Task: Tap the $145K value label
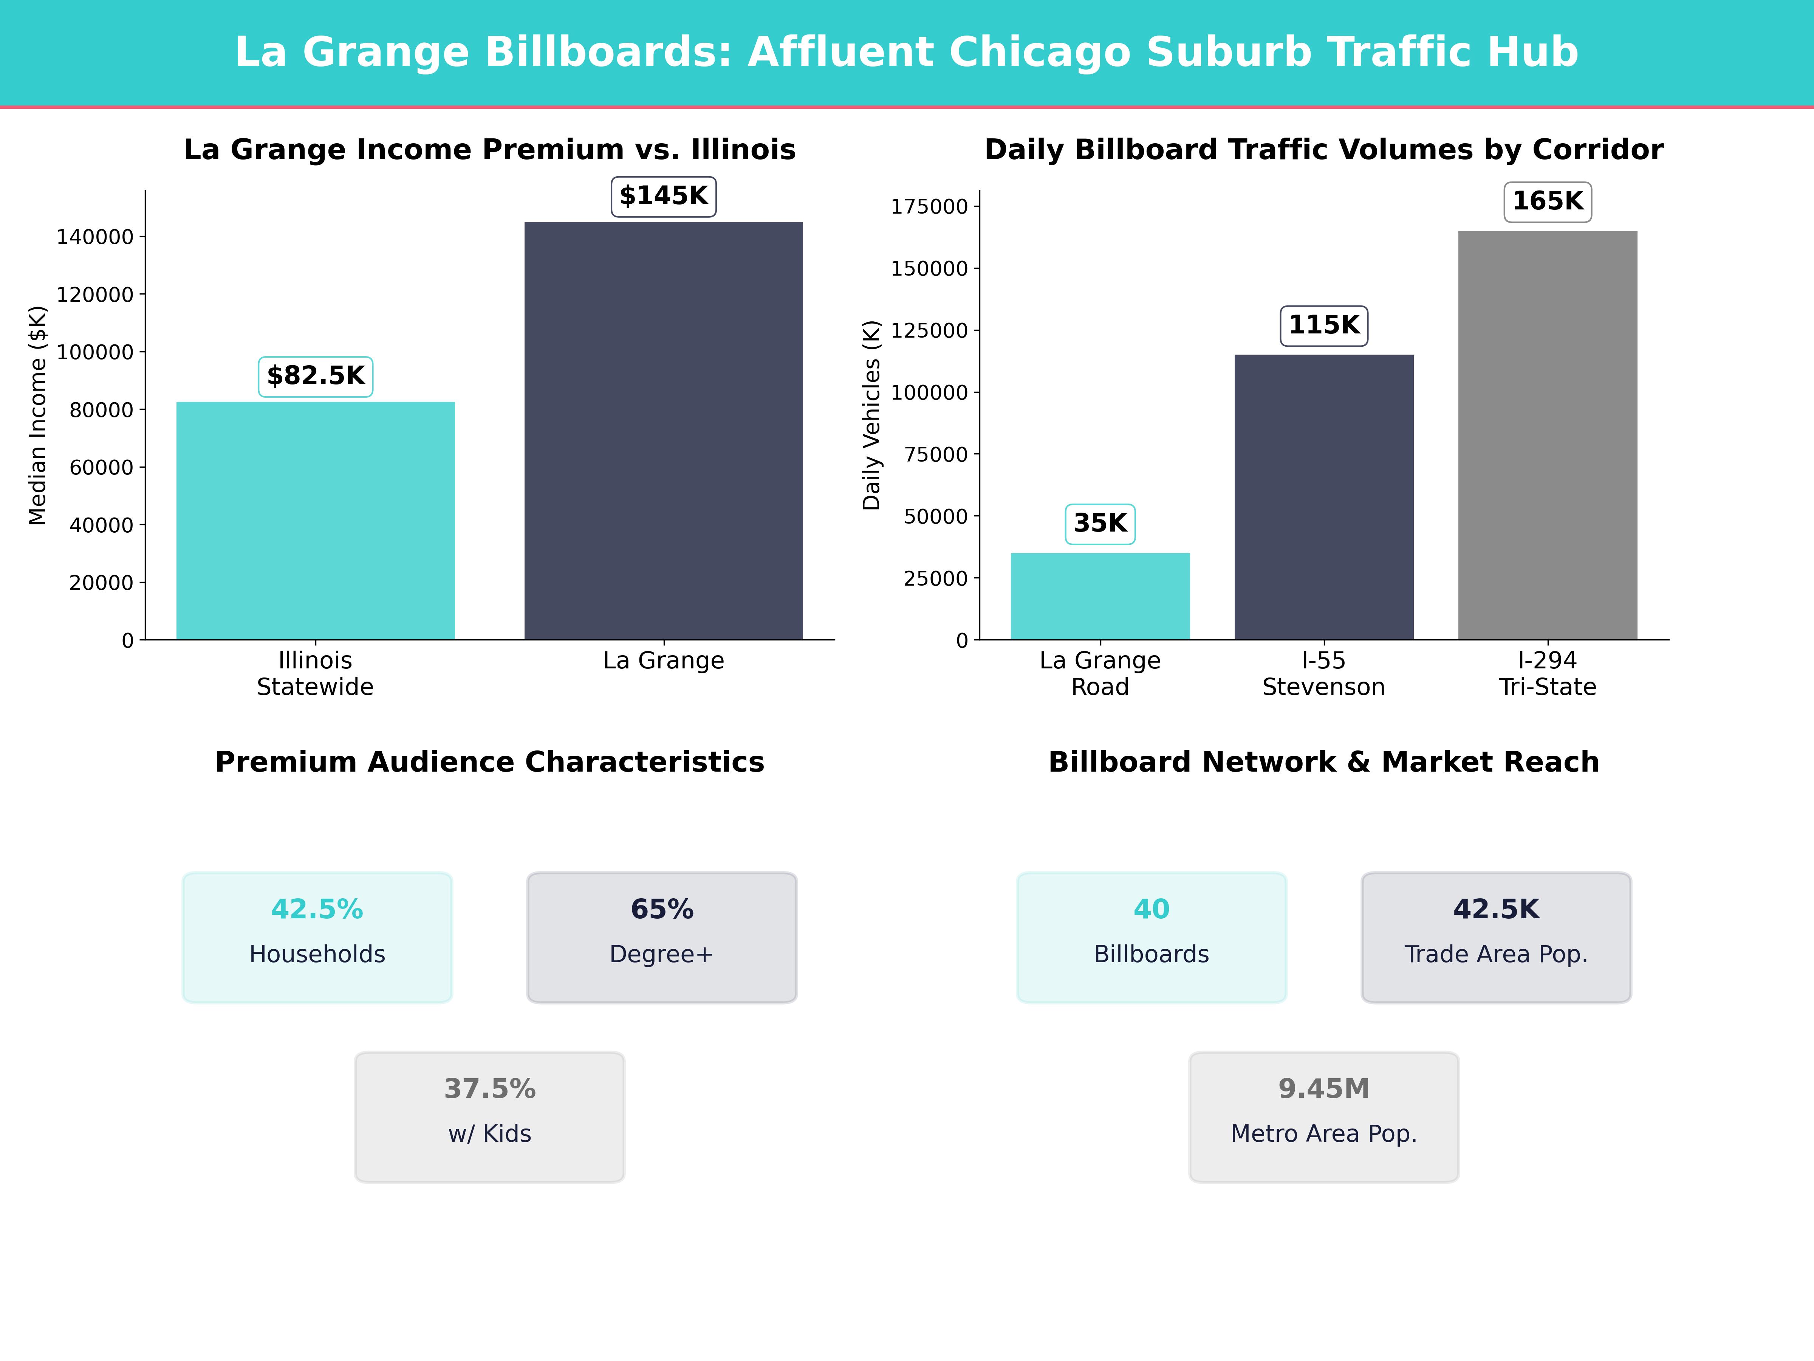point(664,196)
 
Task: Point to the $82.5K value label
point(316,377)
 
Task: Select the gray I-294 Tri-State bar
point(1548,435)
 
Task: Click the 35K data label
point(1100,523)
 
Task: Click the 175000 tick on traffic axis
point(929,207)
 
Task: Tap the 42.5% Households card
point(317,937)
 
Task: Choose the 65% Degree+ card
point(662,937)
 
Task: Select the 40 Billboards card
point(1152,937)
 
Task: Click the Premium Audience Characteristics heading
point(489,762)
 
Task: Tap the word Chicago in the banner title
point(1039,53)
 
